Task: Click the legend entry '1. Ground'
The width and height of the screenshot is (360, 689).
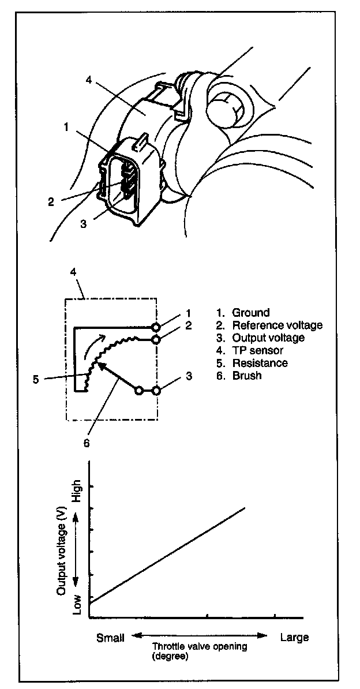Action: point(244,313)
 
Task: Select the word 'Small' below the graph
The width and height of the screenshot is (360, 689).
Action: point(110,638)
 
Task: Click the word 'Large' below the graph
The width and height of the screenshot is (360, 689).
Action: point(294,638)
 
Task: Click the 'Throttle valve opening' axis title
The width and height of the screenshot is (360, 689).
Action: point(200,647)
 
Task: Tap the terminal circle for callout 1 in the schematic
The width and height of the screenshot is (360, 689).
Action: point(156,327)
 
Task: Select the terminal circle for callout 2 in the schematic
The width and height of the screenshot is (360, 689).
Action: point(156,339)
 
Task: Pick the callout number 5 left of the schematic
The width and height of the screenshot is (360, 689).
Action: point(35,379)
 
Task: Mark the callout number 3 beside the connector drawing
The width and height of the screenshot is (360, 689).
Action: point(84,224)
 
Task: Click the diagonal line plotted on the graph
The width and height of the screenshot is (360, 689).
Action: point(167,555)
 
